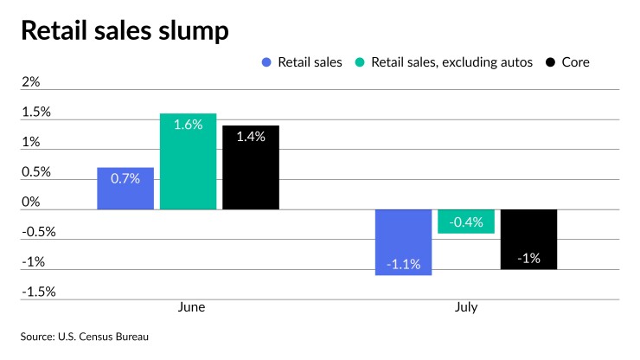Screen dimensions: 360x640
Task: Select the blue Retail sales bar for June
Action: point(125,189)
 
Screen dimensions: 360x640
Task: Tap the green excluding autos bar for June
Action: point(188,162)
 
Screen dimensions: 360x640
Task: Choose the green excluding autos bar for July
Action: point(466,222)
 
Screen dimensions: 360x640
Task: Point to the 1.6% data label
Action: point(188,125)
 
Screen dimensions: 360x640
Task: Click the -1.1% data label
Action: point(403,264)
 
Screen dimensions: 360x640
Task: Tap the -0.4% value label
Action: point(466,222)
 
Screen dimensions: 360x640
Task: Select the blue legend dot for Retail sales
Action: point(266,62)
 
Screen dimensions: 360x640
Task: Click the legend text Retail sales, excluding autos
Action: point(452,62)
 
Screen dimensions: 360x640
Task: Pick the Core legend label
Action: point(574,62)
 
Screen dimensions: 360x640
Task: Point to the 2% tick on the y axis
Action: point(31,82)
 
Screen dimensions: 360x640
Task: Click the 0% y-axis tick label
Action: point(31,202)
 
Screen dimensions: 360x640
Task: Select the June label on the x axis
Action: point(191,307)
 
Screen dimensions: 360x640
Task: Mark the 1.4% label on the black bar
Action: point(251,136)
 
